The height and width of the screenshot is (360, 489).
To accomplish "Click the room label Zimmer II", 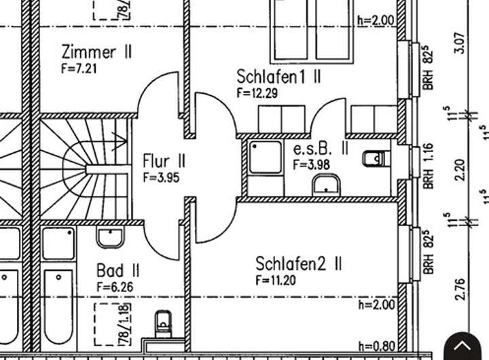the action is [x=96, y=52].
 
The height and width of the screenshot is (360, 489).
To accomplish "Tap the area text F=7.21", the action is [x=80, y=68].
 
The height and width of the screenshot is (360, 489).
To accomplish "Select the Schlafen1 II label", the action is [x=278, y=76].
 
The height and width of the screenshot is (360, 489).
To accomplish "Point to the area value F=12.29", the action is [x=257, y=94].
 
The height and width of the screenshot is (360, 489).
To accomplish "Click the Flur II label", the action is [x=164, y=161].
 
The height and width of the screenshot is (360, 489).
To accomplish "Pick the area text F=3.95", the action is [x=161, y=177].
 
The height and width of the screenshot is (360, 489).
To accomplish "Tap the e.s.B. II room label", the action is [x=321, y=149].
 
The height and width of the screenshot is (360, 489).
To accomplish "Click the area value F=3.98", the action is [x=312, y=164].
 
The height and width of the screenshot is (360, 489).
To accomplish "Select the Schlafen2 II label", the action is [x=298, y=264].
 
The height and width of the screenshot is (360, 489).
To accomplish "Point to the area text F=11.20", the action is [x=276, y=280].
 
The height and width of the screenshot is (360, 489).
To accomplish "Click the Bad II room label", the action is [x=118, y=272].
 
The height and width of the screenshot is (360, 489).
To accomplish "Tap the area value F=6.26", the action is [x=115, y=287].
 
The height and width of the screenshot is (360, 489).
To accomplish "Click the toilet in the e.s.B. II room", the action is [x=375, y=159].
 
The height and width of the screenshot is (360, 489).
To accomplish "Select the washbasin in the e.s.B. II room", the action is [x=326, y=184].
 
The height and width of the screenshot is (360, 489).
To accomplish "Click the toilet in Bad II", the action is [x=163, y=322].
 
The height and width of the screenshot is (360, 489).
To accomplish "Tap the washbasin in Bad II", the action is [x=109, y=237].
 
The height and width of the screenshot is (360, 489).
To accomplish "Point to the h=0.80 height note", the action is [x=376, y=345].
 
